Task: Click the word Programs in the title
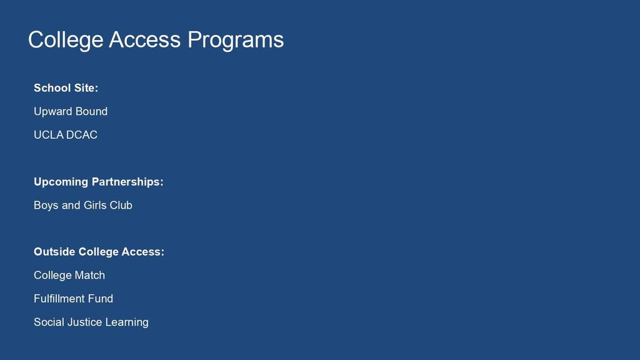tap(235, 41)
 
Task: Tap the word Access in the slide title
tap(144, 39)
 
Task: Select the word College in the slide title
tap(65, 41)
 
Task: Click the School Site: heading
tap(66, 88)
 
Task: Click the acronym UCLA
tap(47, 135)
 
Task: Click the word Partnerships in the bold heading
tap(125, 182)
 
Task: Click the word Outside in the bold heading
tap(55, 252)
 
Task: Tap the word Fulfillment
tap(59, 299)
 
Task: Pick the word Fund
tap(101, 299)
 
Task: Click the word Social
tap(49, 322)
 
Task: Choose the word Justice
tap(84, 322)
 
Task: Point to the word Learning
tap(127, 323)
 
